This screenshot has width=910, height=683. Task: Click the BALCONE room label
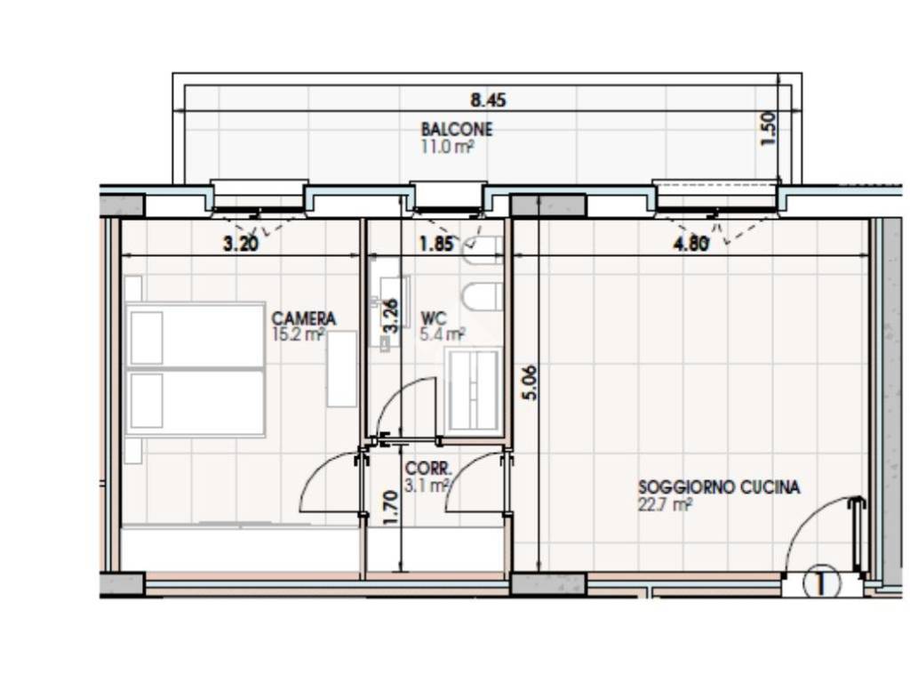pos(457,128)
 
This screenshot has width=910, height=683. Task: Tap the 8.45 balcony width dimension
pos(488,100)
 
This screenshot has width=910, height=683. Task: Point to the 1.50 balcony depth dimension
pos(767,128)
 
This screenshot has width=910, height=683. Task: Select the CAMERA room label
pos(304,318)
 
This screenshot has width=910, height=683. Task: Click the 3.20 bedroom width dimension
pos(241,244)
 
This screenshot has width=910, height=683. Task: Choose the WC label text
pos(434,318)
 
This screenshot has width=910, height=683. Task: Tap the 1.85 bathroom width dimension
pos(436,244)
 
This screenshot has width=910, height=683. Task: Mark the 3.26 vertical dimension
pos(392,316)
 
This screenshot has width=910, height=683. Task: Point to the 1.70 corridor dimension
pos(392,508)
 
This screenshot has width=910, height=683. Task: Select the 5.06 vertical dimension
pos(530,382)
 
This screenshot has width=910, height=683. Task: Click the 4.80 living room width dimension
pos(690,244)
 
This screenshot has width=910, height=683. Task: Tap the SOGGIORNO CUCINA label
pos(719,486)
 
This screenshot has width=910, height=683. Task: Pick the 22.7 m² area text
pos(665,504)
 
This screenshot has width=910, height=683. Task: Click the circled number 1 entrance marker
pos(820,583)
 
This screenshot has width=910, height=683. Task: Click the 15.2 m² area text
pos(297,334)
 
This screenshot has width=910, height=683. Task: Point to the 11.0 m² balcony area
pos(448,146)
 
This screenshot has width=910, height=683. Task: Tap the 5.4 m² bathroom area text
pos(443,334)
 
